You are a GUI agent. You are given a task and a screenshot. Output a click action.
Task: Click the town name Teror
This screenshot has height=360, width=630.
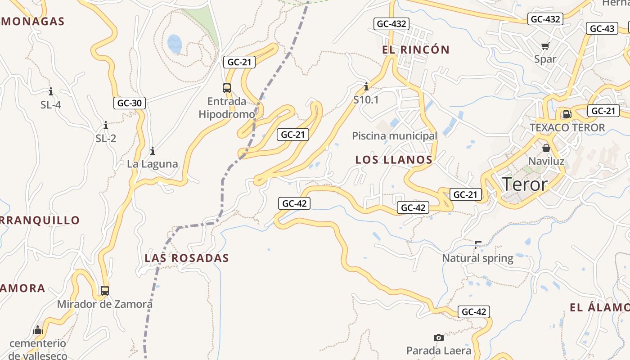pyautogui.click(x=524, y=184)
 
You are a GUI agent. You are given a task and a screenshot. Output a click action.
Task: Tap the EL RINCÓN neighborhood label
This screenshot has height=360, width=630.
pyautogui.click(x=416, y=50)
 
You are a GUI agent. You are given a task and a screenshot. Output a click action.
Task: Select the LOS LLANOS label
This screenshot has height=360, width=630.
pyautogui.click(x=394, y=160)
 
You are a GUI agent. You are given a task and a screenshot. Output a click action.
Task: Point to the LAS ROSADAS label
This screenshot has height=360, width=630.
pyautogui.click(x=187, y=258)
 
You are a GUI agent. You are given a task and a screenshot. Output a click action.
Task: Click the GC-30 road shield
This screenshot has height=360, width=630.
pyautogui.click(x=130, y=103)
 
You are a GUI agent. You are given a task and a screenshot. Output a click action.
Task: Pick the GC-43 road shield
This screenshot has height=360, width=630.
pyautogui.click(x=602, y=29)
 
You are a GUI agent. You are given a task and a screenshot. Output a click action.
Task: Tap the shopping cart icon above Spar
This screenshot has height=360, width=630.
pyautogui.click(x=545, y=46)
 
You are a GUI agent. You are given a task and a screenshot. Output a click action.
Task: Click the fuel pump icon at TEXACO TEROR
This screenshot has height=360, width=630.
pyautogui.click(x=567, y=114)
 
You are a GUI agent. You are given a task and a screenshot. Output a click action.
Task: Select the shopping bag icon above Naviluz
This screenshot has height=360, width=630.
pyautogui.click(x=546, y=148)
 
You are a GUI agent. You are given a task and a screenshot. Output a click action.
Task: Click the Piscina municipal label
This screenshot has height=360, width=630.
pyautogui.click(x=394, y=136)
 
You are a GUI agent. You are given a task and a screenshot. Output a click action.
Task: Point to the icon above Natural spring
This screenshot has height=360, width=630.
pyautogui.click(x=478, y=245)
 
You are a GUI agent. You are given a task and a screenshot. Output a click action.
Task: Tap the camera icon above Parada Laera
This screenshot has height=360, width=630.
pyautogui.click(x=438, y=337)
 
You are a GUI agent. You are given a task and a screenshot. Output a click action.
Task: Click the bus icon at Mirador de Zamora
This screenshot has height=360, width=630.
pyautogui.click(x=105, y=291)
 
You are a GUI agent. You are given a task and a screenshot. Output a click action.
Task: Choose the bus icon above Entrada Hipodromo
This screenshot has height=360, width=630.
pyautogui.click(x=227, y=88)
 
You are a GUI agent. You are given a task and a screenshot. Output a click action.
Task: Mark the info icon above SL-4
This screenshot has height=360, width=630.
pyautogui.click(x=51, y=92)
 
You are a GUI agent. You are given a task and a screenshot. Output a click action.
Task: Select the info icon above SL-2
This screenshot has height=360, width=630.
pyautogui.click(x=106, y=125)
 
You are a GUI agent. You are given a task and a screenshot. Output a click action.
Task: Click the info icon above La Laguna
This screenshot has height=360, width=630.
pyautogui.click(x=153, y=151)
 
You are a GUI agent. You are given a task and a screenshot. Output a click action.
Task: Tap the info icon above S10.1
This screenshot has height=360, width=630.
pyautogui.click(x=366, y=86)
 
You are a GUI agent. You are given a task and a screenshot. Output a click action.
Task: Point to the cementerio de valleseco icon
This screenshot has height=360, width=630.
pyautogui.click(x=38, y=330)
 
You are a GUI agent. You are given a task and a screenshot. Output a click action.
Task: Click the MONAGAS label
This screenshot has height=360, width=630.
pyautogui.click(x=32, y=21)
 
